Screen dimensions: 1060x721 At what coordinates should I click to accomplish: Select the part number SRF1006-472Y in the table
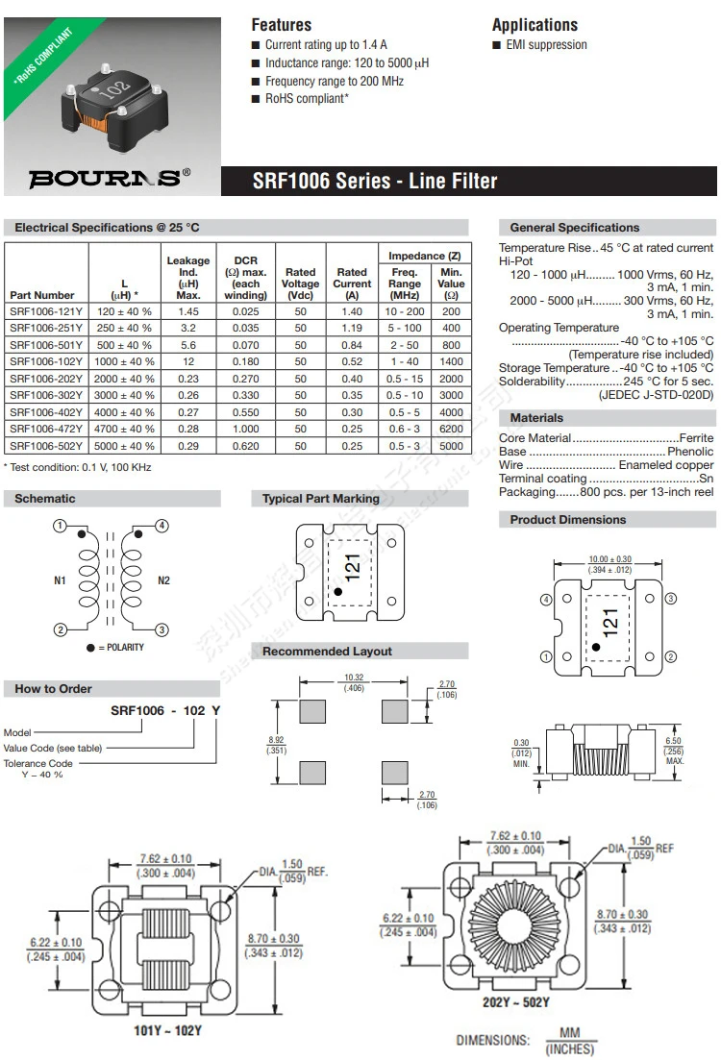click(x=46, y=429)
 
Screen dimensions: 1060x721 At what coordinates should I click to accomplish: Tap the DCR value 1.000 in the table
click(x=246, y=429)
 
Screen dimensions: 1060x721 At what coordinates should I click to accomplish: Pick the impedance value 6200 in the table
click(x=451, y=429)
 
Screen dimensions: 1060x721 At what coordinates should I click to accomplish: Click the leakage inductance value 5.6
click(x=188, y=345)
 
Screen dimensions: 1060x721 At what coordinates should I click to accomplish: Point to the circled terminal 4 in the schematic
click(x=162, y=526)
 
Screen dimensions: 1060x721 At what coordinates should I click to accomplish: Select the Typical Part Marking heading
click(x=321, y=499)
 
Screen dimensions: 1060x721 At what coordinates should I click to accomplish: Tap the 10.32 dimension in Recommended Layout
click(x=354, y=678)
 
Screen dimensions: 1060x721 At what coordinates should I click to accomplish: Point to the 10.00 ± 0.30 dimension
click(x=609, y=559)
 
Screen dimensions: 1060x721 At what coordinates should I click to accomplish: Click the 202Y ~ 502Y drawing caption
click(x=516, y=1003)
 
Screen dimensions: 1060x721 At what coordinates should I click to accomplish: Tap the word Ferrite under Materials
click(x=696, y=437)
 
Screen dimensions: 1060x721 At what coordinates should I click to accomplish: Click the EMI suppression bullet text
click(x=545, y=45)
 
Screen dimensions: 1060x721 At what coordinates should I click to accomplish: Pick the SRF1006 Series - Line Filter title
click(x=375, y=181)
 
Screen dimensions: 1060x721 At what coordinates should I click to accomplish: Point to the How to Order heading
click(x=54, y=689)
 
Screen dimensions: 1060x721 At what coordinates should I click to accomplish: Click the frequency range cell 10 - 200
click(x=405, y=311)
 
